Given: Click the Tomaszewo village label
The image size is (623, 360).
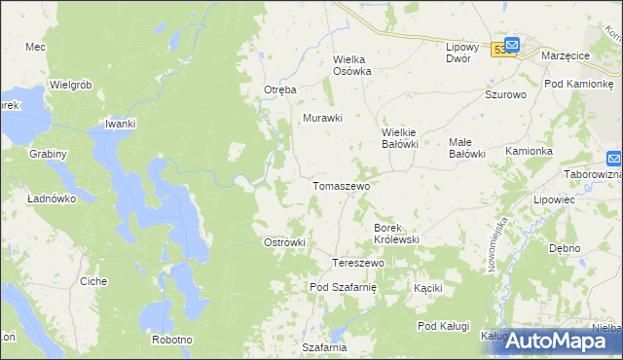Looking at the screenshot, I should tap(340, 185).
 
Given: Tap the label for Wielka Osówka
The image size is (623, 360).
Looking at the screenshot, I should tap(353, 64).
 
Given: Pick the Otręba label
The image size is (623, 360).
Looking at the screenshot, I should tap(279, 90).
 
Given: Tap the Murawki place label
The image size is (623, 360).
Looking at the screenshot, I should tap(323, 119).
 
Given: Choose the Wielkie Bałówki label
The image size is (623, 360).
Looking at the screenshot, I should tap(399, 138).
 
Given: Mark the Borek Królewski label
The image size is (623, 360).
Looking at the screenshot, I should tap(396, 233).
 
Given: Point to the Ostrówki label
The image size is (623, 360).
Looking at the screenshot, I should tap(285, 242).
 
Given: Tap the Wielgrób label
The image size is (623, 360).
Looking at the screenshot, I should tap(70, 85).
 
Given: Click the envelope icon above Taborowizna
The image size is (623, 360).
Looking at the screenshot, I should tap(614, 158).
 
